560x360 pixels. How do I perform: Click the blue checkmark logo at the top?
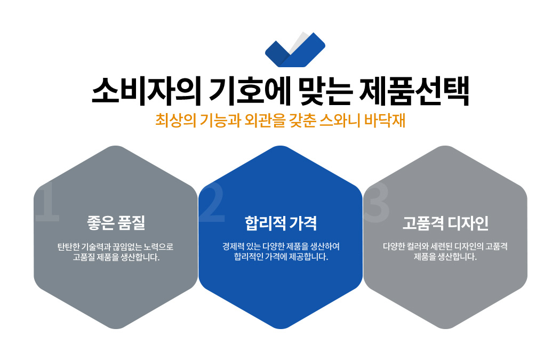[x=295, y=50]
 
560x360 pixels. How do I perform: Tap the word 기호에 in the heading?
[x=250, y=91]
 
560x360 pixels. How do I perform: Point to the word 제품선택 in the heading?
[x=414, y=91]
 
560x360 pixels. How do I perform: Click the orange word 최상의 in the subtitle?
[x=175, y=121]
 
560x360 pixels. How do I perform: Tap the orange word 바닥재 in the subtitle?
[x=385, y=121]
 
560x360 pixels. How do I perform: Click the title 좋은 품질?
[x=116, y=222]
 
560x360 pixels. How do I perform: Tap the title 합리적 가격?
[x=281, y=223]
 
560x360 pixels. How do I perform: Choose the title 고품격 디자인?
[x=445, y=223]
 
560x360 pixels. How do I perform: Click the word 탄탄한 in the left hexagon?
[x=69, y=247]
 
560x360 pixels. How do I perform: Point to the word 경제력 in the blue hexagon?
[x=234, y=246]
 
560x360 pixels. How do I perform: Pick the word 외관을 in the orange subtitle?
[x=265, y=121]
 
